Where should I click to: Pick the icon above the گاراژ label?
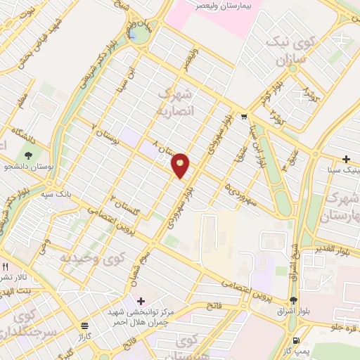(x=85, y=326)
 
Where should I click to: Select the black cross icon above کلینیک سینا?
(x=346, y=160)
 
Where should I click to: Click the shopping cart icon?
(x=243, y=117)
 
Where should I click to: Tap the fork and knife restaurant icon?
(x=5, y=267)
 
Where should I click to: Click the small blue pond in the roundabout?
(x=133, y=33)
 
